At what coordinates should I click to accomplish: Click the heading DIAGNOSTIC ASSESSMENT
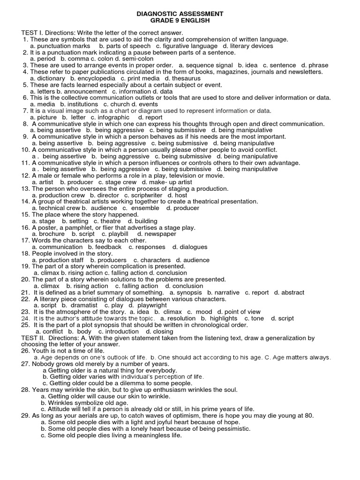point(180,14)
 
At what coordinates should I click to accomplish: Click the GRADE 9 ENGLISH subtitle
point(180,21)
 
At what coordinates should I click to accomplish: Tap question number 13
point(25,188)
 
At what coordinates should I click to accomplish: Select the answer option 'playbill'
point(115,234)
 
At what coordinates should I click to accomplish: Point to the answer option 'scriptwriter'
point(146,195)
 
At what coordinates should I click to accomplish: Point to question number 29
point(25,415)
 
